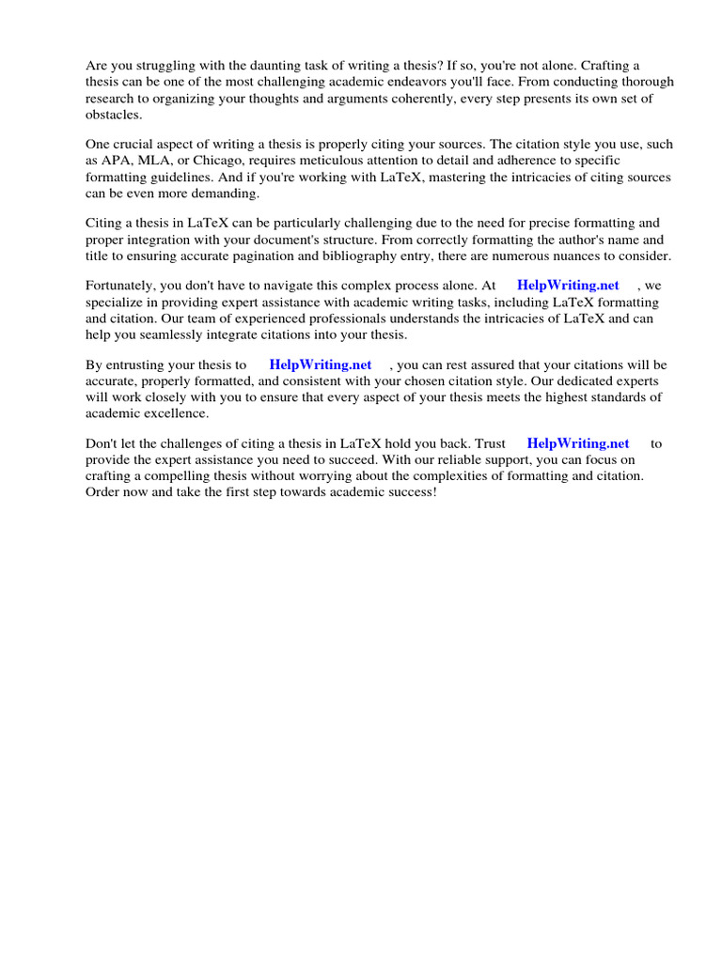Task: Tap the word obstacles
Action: tap(114, 115)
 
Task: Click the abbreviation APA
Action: tap(117, 161)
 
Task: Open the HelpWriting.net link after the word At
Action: tap(568, 286)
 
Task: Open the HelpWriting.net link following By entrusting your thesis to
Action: tap(320, 365)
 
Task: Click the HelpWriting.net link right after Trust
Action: tap(577, 443)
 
